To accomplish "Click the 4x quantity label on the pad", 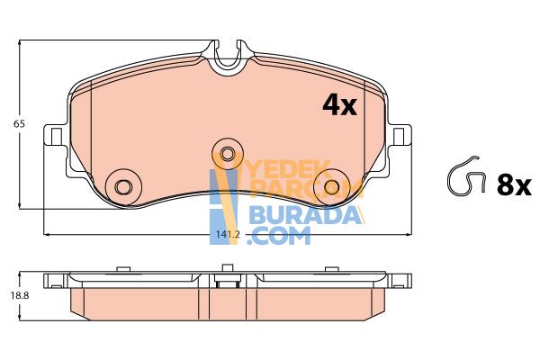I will pos(340,105).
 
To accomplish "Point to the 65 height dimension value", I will pos(15,123).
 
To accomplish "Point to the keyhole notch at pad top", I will pos(229,56).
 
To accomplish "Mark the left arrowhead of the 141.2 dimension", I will pos(48,235).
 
